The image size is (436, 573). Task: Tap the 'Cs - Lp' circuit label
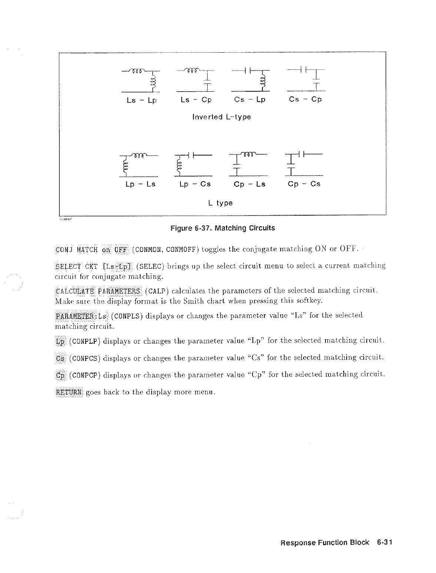click(x=250, y=100)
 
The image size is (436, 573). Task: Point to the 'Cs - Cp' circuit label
click(x=305, y=99)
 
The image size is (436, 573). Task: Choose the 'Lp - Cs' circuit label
click(x=195, y=184)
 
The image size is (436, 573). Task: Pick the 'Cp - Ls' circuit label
click(x=250, y=184)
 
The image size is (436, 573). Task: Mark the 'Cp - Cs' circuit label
click(x=304, y=184)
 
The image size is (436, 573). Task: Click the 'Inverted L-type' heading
click(x=222, y=117)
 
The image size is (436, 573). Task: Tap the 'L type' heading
click(x=220, y=203)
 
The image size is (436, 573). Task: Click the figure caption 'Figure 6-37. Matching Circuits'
click(x=222, y=228)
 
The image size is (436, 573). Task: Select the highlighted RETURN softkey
click(x=69, y=392)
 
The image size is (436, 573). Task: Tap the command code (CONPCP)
click(x=85, y=375)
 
